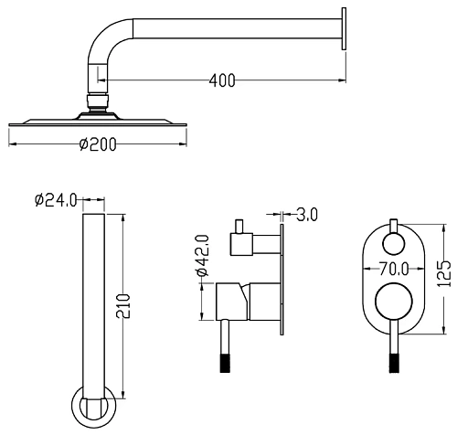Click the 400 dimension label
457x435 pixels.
coord(222,80)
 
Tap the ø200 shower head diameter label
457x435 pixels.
coord(98,144)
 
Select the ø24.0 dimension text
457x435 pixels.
coord(56,200)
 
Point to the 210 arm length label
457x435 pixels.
coord(123,306)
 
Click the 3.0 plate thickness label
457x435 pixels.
coord(307,215)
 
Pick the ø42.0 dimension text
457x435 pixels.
coord(203,255)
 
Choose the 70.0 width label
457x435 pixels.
coord(394,269)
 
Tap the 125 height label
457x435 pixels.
coord(444,273)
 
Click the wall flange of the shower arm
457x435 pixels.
coord(344,28)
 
